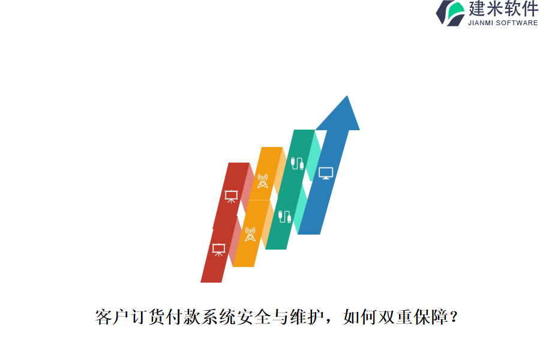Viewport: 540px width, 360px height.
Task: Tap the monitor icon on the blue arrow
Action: (x=326, y=173)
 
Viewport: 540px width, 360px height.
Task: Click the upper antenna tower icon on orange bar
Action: (x=262, y=181)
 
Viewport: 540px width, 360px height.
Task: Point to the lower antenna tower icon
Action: (x=250, y=234)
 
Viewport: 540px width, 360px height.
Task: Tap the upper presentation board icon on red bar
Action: (x=231, y=196)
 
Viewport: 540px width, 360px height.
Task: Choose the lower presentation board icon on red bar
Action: (x=219, y=248)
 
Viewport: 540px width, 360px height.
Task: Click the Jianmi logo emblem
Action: (x=450, y=13)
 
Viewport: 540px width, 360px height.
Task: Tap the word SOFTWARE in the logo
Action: (x=518, y=23)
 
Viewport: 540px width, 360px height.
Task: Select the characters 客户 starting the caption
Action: (x=113, y=317)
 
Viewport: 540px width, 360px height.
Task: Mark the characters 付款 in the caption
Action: (x=184, y=317)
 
